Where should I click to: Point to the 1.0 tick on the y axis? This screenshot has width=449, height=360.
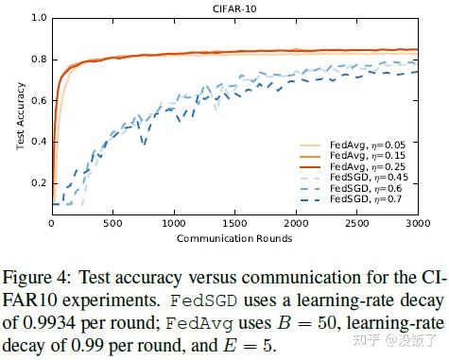(x=39, y=17)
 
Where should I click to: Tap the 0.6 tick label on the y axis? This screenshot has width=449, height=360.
(x=39, y=100)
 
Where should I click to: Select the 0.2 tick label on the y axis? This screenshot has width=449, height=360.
(x=39, y=182)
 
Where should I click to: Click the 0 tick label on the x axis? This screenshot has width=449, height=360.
(x=52, y=224)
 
